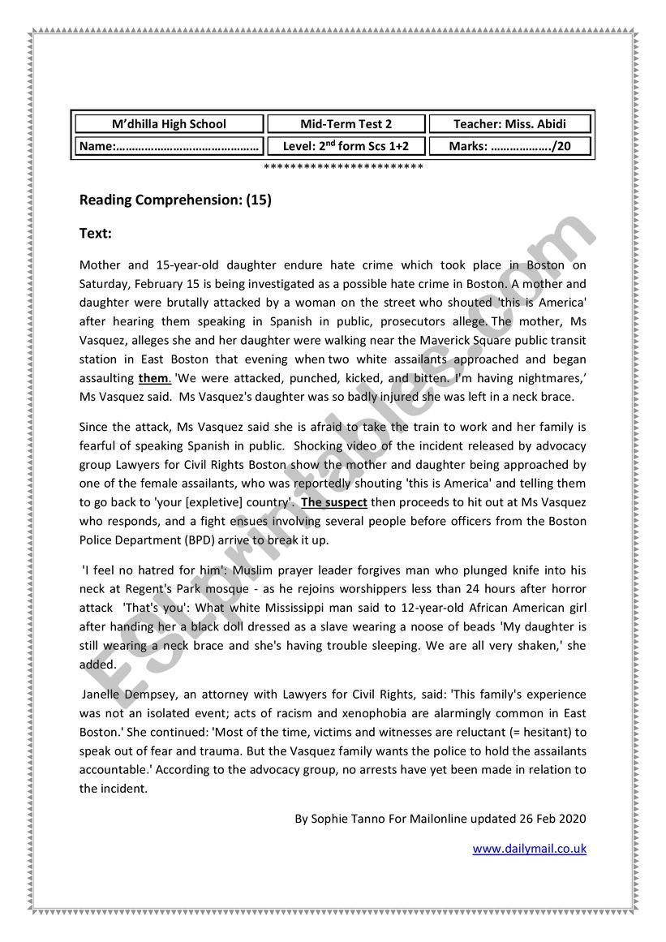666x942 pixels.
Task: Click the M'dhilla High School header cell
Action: pos(169,124)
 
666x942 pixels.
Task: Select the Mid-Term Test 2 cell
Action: pos(346,124)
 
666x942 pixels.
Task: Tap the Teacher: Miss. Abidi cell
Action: pos(509,124)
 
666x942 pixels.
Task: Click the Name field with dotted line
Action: pos(169,147)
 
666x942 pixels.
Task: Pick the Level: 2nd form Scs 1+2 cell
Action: pos(346,147)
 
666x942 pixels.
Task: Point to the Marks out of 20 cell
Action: pos(509,147)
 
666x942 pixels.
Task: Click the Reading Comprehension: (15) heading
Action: pos(175,200)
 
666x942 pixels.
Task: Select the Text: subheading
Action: pos(95,234)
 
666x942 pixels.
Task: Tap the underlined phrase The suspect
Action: pos(334,502)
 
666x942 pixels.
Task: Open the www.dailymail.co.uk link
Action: pos(529,849)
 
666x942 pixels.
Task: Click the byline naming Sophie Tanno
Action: pos(440,819)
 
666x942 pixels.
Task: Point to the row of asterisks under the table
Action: pos(344,167)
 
